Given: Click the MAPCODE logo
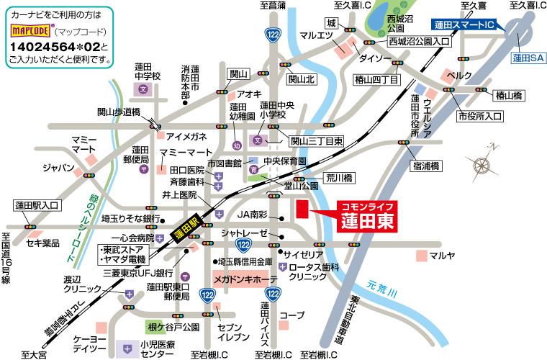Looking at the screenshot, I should (31, 32).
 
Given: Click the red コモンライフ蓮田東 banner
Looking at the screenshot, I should (367, 217).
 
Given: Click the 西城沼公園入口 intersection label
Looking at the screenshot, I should (419, 42).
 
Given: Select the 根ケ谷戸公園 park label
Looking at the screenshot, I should (173, 327).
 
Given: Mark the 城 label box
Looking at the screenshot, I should (332, 23).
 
